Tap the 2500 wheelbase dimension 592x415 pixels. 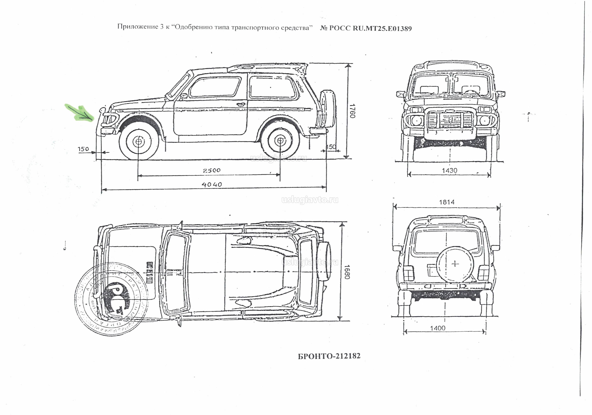pos(212,170)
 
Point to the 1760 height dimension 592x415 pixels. pos(352,111)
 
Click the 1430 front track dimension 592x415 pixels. pos(449,171)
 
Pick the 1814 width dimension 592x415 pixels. pos(447,202)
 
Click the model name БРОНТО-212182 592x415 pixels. pos(329,356)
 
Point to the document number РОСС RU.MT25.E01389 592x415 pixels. pos(366,28)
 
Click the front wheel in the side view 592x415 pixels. pos(138,141)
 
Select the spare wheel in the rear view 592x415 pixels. pos(456,264)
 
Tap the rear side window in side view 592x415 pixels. pos(272,87)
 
